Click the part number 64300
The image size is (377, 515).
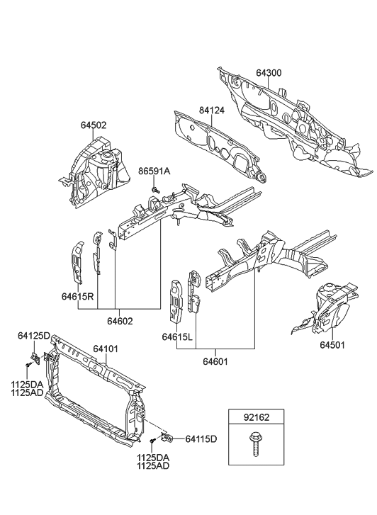coord(269,73)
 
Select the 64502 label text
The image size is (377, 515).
coord(93,125)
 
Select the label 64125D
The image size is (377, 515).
coord(34,336)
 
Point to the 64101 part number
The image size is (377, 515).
coord(107,348)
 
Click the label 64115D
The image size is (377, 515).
coord(201,439)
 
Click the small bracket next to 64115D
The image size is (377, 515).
coord(169,437)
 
